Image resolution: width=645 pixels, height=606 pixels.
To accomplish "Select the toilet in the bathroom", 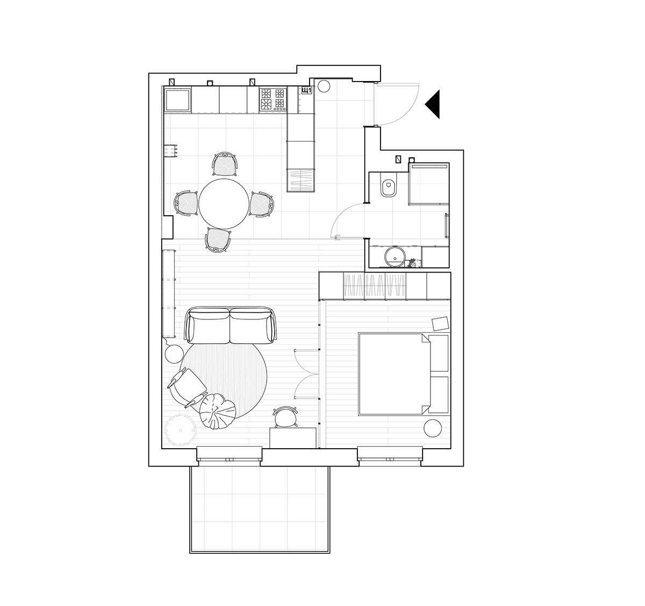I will (388, 186).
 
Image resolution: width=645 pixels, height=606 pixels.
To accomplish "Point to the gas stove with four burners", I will (273, 99).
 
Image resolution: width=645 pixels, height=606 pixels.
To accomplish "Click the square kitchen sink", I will (177, 100).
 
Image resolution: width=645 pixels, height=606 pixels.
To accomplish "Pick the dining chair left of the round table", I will (185, 204).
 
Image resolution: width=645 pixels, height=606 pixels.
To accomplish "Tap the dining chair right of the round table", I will (262, 204).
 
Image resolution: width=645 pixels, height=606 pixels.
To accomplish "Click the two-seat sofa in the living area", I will (230, 326).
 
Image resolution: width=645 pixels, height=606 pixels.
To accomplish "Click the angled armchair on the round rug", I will (188, 387).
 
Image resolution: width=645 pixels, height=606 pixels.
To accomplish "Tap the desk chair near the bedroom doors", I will (286, 417).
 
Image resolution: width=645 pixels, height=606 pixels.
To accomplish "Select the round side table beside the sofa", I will (174, 354).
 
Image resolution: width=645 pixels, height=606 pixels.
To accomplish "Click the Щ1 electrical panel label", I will (307, 91).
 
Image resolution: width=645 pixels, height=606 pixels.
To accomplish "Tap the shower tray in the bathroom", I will (429, 184).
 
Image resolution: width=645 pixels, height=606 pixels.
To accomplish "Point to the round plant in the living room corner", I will (178, 430).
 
